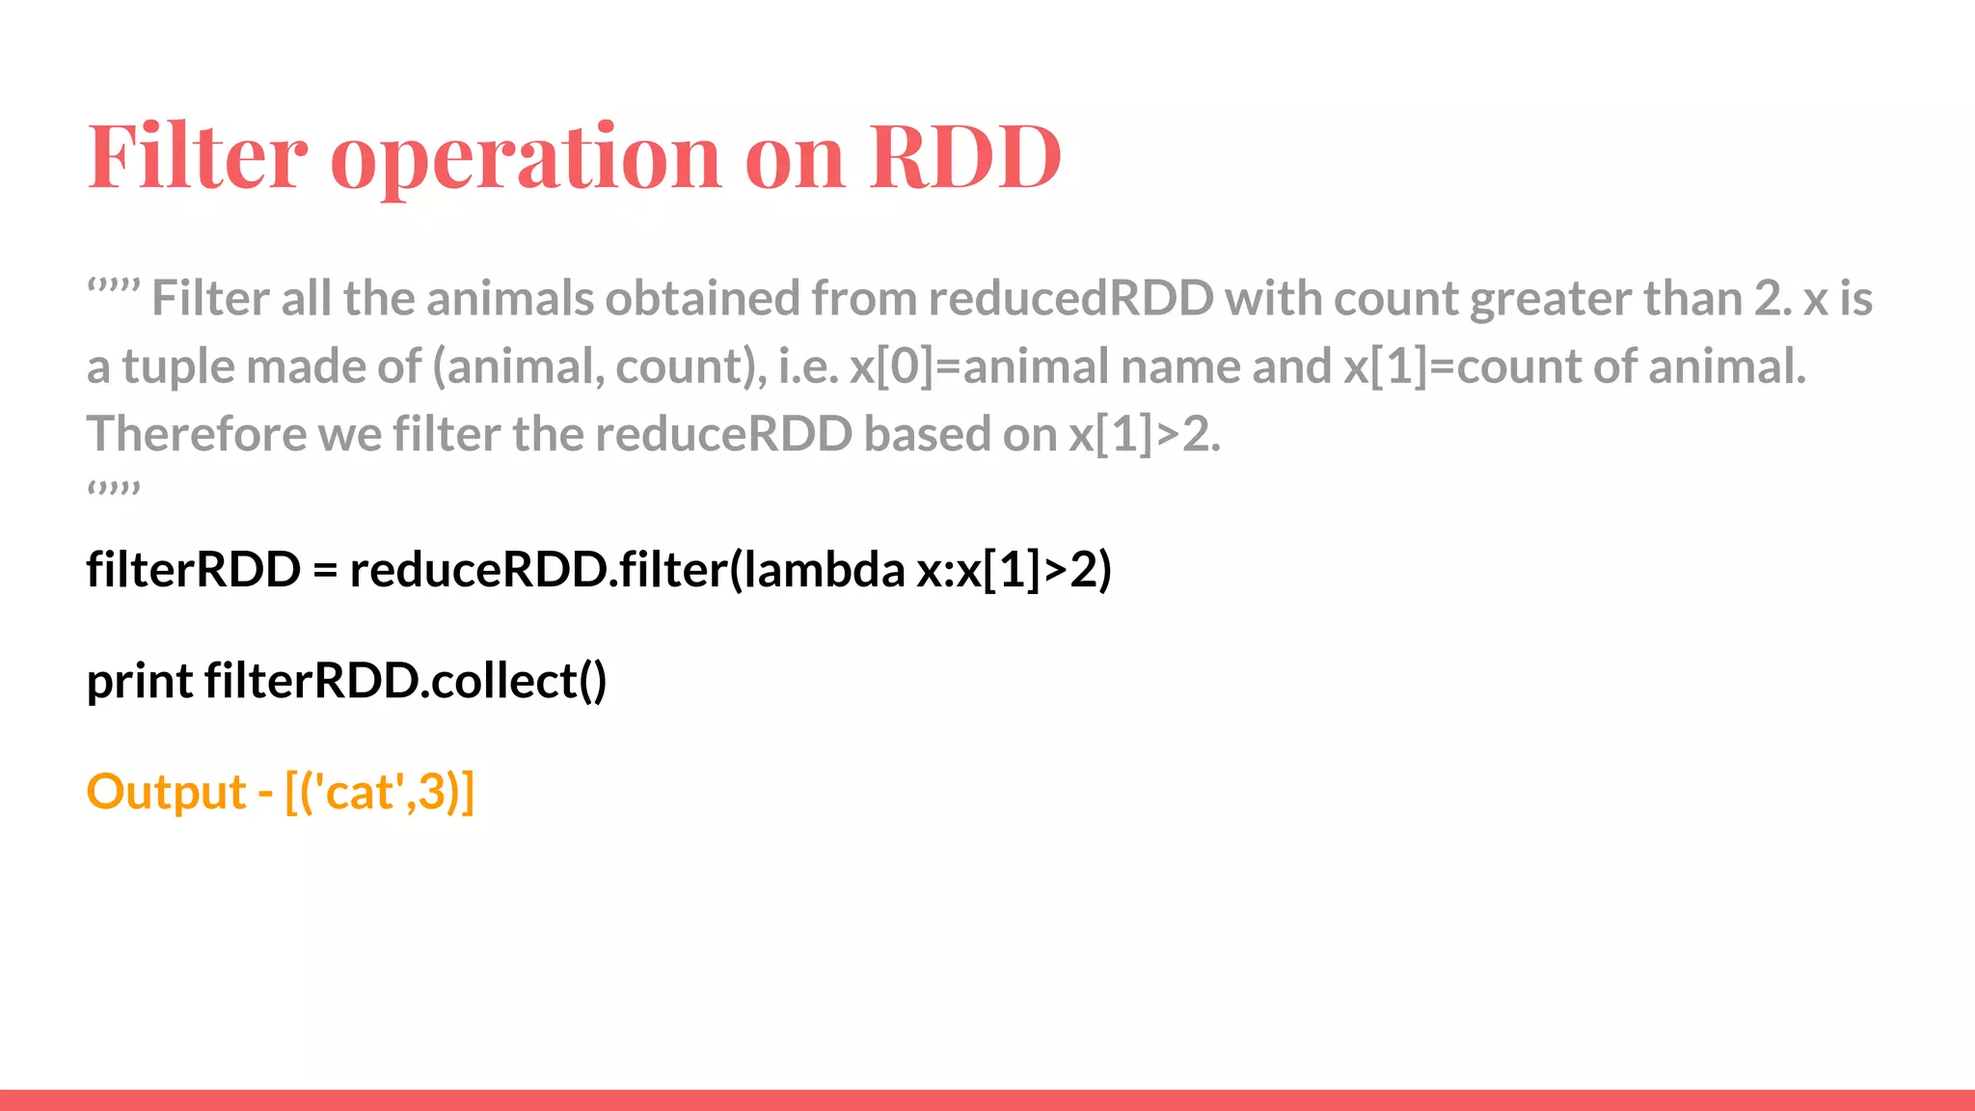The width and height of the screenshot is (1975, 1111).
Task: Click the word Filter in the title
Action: pos(198,156)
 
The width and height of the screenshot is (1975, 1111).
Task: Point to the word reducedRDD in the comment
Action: pos(1070,299)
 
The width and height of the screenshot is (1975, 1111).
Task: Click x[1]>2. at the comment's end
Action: pos(1145,435)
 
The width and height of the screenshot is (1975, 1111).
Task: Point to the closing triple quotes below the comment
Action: pos(114,489)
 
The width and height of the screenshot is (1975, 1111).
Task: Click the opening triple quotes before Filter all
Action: pos(114,286)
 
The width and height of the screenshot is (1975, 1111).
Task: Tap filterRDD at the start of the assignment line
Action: pos(193,569)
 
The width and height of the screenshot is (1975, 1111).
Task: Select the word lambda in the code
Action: pos(825,569)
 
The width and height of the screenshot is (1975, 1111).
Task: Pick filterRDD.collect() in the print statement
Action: pos(405,681)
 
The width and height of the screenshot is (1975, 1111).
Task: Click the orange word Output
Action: pos(166,793)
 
